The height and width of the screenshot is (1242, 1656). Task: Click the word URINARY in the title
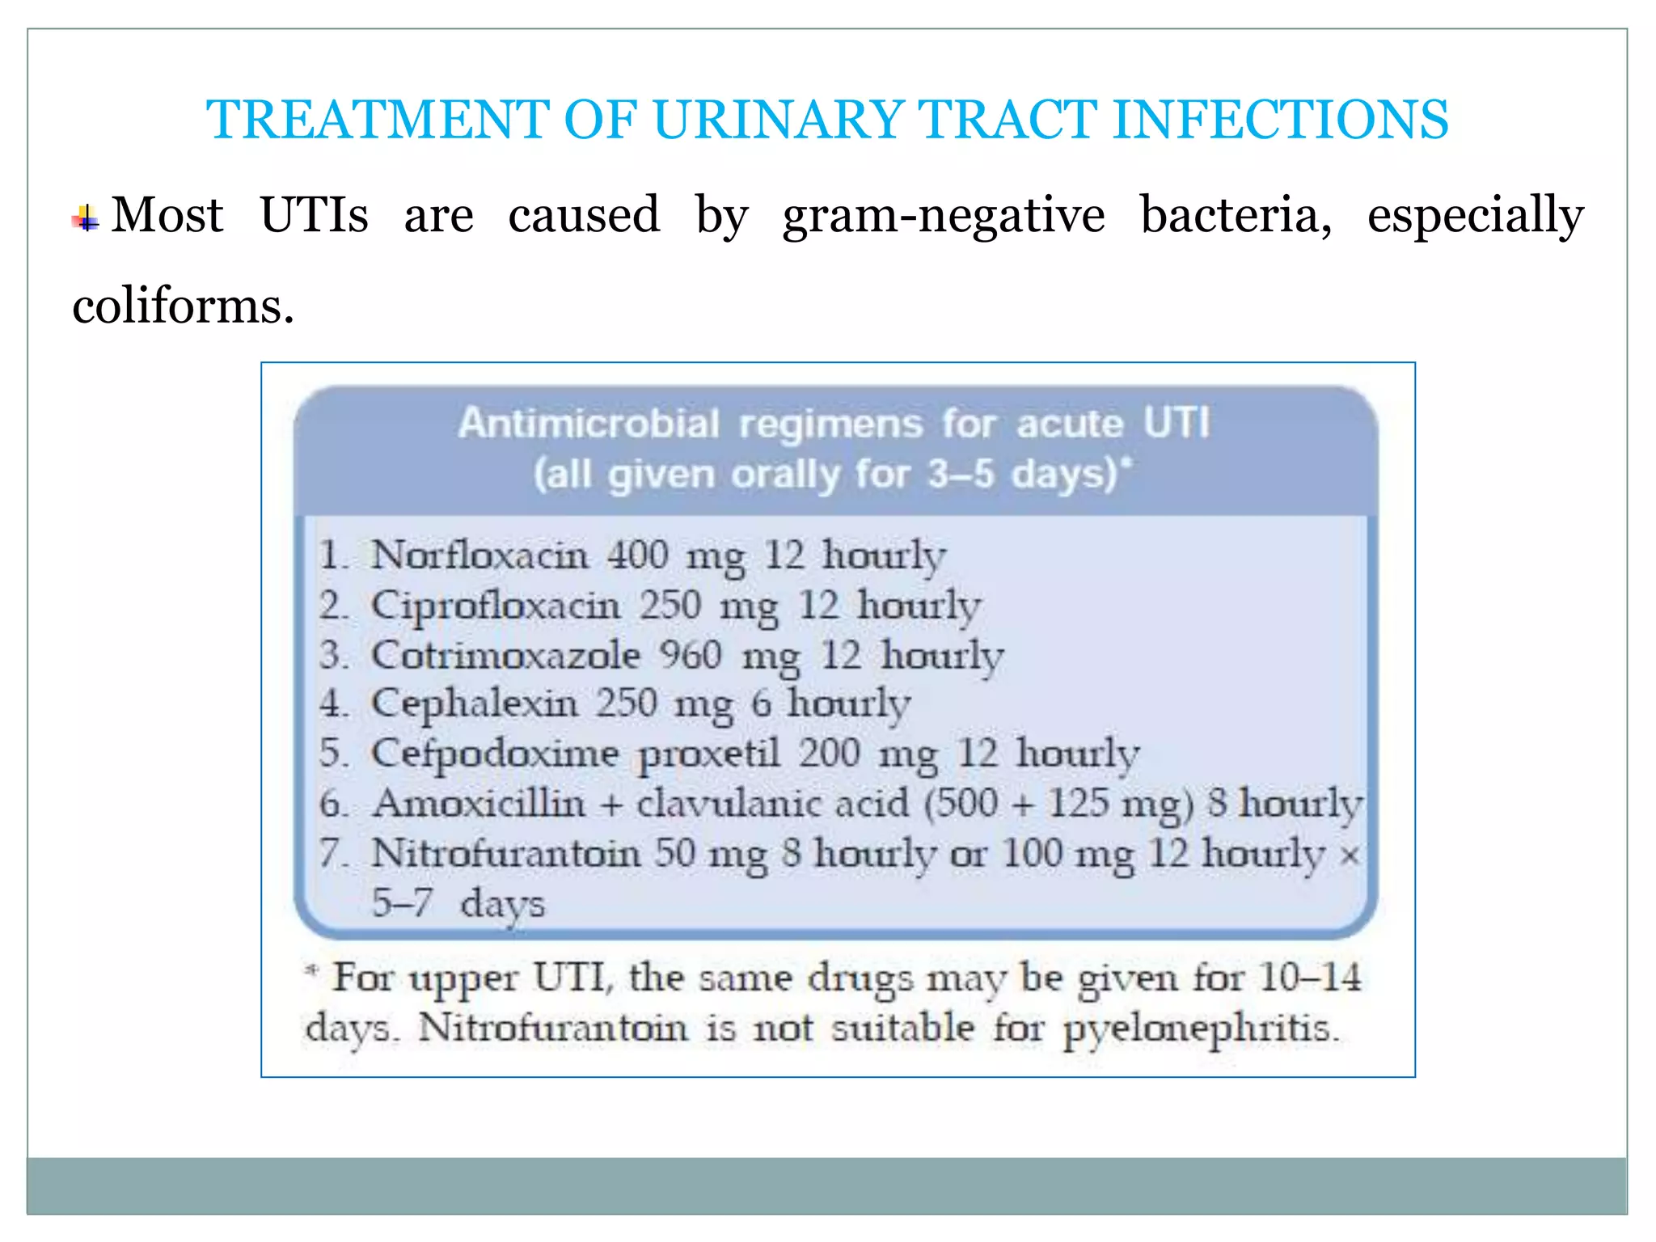[x=777, y=120]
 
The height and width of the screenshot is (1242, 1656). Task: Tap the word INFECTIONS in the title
[x=1280, y=120]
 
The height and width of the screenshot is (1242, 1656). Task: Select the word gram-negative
[x=943, y=216]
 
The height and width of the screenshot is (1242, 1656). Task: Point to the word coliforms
[x=183, y=307]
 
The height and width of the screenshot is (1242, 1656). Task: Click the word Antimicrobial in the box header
[x=588, y=424]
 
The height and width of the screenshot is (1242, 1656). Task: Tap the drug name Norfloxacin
[x=479, y=556]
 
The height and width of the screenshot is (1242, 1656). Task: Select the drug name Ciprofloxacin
[x=495, y=606]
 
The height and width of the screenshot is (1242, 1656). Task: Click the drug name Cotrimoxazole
[x=505, y=655]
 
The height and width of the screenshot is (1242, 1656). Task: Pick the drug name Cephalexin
[x=474, y=704]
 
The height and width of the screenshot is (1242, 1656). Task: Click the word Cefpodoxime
[x=495, y=754]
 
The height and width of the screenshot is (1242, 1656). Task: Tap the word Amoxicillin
[x=479, y=804]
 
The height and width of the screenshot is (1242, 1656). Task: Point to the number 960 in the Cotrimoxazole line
[x=690, y=655]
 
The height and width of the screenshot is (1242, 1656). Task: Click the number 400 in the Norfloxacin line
[x=637, y=556]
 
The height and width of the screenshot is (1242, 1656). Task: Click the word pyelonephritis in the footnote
[x=1200, y=1029]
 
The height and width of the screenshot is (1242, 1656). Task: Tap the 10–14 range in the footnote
[x=1310, y=978]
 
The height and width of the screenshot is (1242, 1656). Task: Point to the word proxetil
[x=709, y=754]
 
